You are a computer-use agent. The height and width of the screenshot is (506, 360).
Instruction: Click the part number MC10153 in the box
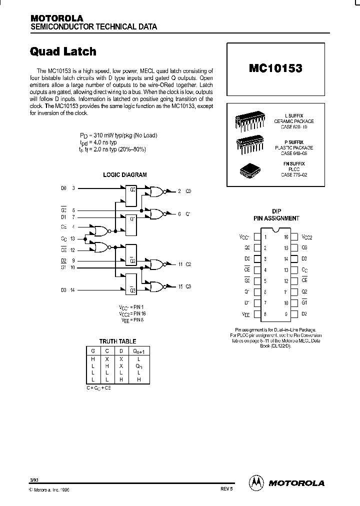(275, 68)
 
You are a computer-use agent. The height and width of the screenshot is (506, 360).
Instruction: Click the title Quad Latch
(63, 51)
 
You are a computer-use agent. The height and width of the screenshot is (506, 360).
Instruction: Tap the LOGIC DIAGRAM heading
(125, 175)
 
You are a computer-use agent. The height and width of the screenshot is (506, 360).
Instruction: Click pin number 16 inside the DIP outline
(286, 237)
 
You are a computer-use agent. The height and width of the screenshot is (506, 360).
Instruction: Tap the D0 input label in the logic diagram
(63, 188)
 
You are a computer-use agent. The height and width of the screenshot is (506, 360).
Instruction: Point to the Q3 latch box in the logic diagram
(131, 284)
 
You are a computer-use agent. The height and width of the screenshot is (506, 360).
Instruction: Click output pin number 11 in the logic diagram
(180, 264)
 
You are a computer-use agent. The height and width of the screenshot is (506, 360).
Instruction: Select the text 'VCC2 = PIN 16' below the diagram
(132, 313)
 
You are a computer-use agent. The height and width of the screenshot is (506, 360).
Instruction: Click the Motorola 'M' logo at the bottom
(256, 482)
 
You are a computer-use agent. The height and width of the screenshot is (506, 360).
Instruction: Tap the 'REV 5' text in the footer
(226, 489)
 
